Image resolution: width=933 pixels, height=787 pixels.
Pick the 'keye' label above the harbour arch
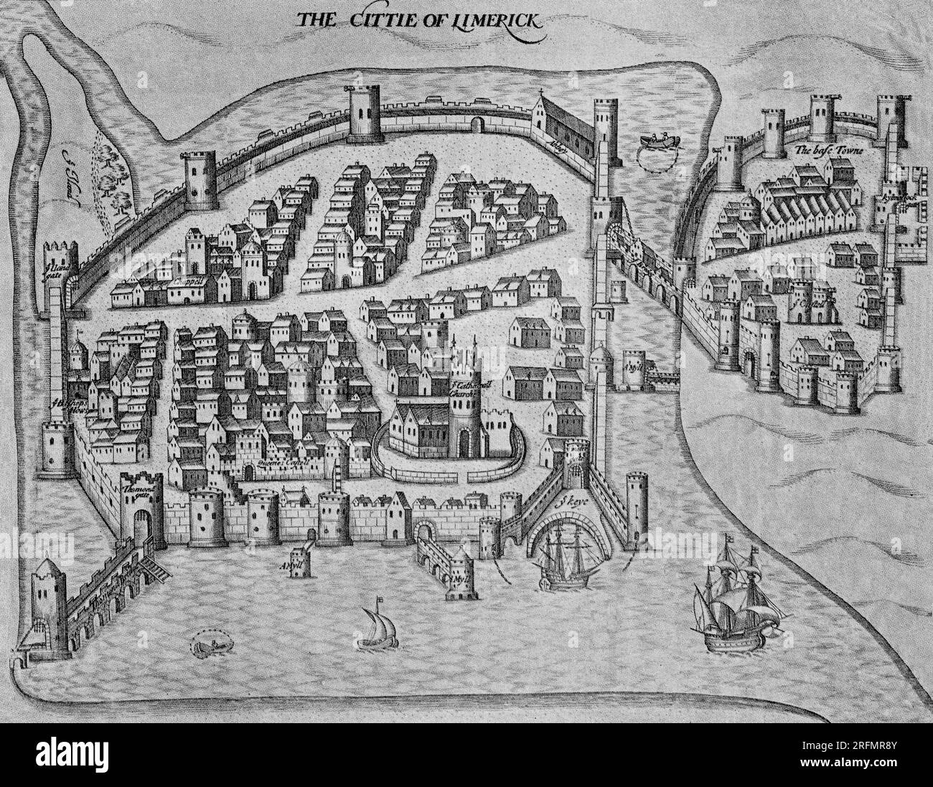click(x=569, y=503)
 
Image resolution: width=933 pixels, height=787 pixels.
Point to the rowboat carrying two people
click(x=655, y=141)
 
